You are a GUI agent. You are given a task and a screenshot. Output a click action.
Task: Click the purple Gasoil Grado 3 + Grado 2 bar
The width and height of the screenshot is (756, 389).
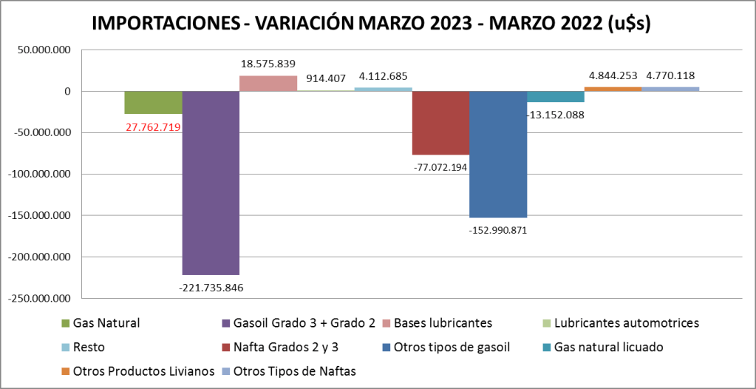click(211, 183)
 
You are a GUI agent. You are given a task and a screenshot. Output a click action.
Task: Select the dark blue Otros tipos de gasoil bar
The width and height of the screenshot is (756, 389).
click(498, 154)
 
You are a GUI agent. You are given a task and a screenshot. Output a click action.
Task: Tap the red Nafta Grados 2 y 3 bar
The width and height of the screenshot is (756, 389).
click(440, 123)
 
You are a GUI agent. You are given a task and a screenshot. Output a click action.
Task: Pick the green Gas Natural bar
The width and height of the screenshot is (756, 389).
click(153, 102)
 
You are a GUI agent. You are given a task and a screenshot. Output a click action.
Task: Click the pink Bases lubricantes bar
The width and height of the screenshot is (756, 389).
click(268, 84)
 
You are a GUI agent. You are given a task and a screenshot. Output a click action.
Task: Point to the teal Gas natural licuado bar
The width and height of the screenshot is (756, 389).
click(556, 97)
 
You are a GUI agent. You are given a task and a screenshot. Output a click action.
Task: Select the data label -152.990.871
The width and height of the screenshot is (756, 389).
click(498, 230)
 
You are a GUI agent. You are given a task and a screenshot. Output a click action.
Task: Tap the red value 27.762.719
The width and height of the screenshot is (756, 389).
click(153, 126)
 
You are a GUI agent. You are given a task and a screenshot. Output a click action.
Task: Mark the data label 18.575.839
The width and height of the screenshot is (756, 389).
click(268, 64)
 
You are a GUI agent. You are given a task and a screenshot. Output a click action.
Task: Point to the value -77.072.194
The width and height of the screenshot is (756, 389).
click(440, 168)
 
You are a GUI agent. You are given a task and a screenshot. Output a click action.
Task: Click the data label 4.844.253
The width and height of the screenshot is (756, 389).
click(613, 75)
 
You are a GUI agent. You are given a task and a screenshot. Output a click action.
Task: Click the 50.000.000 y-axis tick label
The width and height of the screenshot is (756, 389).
click(43, 50)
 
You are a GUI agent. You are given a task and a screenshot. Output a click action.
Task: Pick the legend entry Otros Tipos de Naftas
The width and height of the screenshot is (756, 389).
click(294, 371)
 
